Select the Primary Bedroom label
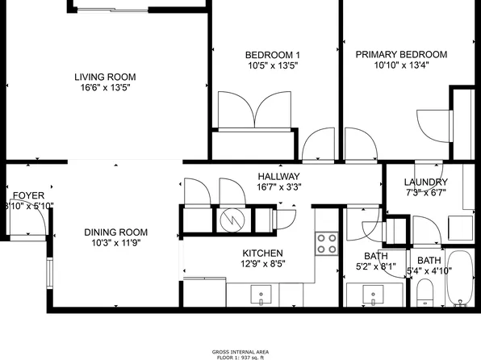pyautogui.click(x=401, y=55)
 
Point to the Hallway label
pyautogui.click(x=278, y=177)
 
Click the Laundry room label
pyautogui.click(x=425, y=182)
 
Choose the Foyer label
pyautogui.click(x=28, y=195)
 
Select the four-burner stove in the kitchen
pyautogui.click(x=326, y=243)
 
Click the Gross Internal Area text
pyautogui.click(x=240, y=353)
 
